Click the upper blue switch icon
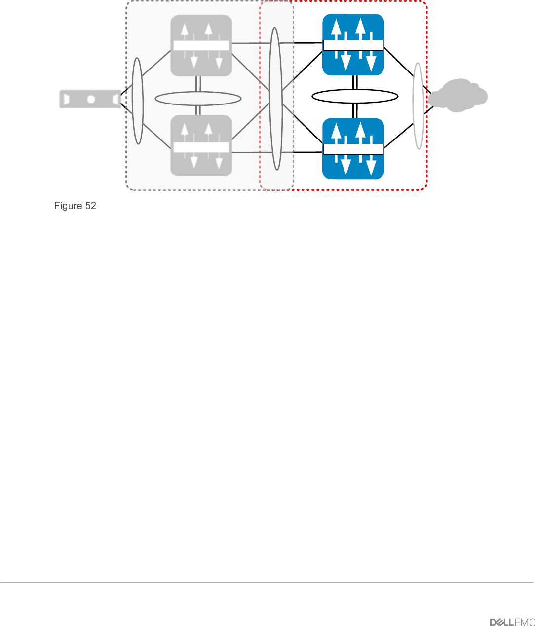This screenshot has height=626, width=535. click(353, 44)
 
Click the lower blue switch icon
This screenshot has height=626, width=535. click(353, 149)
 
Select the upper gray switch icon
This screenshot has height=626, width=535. click(201, 45)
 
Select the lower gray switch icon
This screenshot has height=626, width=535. click(201, 146)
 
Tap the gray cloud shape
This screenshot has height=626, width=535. click(458, 96)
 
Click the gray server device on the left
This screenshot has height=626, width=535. click(90, 99)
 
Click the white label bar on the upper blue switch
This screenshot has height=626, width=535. click(353, 45)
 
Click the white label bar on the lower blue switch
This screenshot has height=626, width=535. click(353, 149)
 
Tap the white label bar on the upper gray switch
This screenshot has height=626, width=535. click(201, 46)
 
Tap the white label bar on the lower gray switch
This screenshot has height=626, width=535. click(201, 147)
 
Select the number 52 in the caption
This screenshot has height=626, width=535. click(91, 206)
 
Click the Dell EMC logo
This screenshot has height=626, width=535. click(512, 622)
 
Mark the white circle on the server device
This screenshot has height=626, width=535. click(91, 99)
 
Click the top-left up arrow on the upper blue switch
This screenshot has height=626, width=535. click(336, 29)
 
